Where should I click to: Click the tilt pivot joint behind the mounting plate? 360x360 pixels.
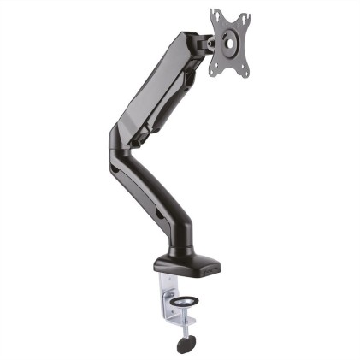[x=208, y=40]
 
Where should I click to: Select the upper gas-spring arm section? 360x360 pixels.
[x=158, y=86]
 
